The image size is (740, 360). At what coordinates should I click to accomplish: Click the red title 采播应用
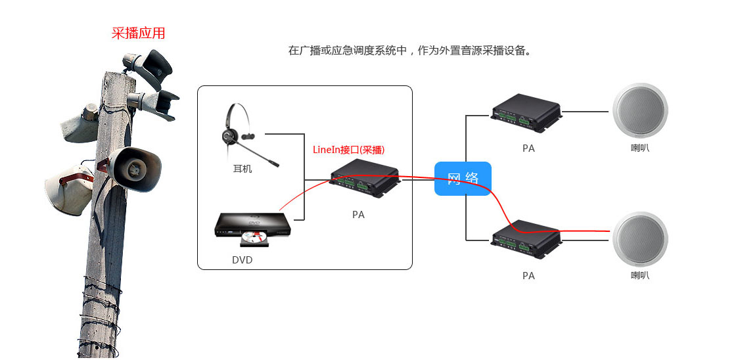pos(138,34)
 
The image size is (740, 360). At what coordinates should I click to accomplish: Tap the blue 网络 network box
pos(463,178)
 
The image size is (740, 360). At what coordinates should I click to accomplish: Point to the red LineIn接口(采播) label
pos(348,150)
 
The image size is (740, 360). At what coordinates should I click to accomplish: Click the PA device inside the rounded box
pos(364,179)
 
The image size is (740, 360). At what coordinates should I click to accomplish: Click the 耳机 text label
pos(243,169)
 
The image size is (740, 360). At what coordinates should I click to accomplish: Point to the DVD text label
pos(242,260)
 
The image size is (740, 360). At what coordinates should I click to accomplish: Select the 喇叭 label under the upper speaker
pos(639,148)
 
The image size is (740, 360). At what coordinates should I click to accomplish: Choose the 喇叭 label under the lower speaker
pos(639,276)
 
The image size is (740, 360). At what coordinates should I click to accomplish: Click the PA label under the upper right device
pos(528,148)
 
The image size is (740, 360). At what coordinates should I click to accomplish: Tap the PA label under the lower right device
pos(528,276)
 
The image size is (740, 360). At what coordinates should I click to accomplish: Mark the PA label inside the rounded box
pos(358,215)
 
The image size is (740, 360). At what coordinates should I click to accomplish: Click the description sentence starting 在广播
pos(409,51)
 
